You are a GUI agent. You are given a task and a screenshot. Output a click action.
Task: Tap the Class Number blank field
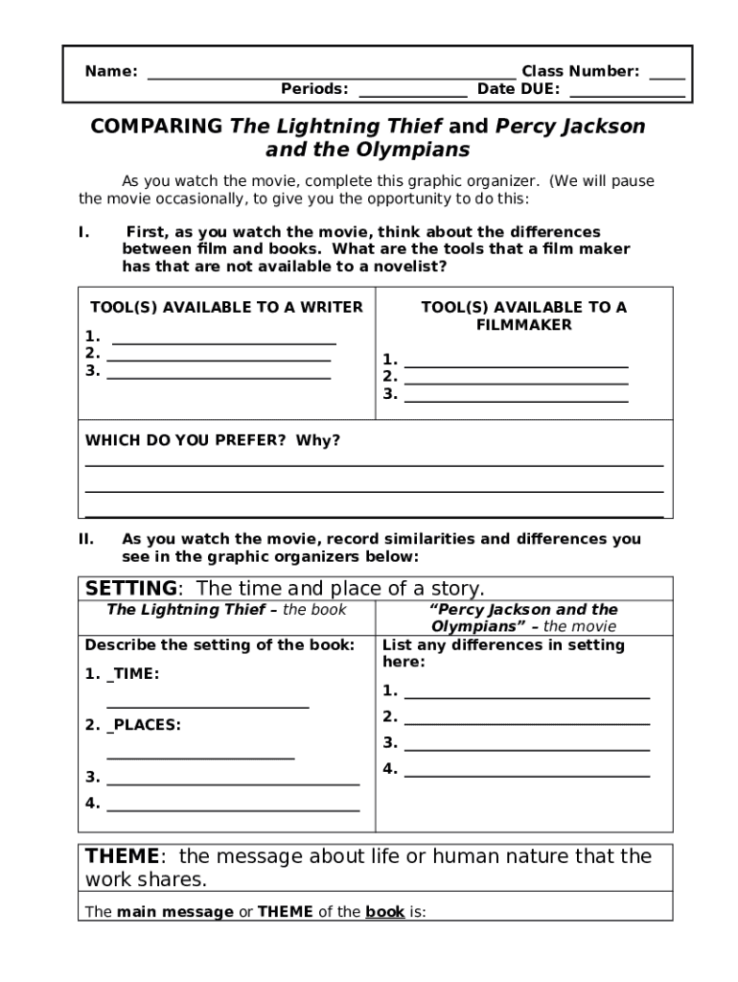coord(666,77)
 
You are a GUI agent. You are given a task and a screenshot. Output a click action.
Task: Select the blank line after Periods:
coord(413,96)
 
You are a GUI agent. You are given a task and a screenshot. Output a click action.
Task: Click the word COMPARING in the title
coord(157,127)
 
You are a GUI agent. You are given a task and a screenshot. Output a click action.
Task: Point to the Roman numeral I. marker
coord(84,232)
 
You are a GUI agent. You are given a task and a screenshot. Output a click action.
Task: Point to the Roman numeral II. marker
coord(86,539)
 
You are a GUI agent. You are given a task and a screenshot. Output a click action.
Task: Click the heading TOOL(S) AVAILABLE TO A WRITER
coord(226,308)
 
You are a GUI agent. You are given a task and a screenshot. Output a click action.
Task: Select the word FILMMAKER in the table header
coord(523,325)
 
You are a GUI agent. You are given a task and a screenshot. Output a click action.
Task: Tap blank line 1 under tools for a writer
coord(224,341)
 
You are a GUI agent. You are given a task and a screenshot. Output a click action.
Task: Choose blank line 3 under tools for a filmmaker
coord(517,400)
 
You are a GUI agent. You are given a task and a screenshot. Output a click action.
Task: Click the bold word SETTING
coord(131,588)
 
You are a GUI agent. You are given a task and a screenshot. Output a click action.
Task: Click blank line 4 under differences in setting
coord(527,774)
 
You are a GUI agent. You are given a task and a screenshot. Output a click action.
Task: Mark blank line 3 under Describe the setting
coord(233,783)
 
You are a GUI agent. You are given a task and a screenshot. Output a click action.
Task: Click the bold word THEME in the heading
coord(121,856)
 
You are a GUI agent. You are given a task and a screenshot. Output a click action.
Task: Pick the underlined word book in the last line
coord(384,912)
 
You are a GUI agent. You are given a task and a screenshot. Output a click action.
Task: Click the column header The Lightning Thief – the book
coord(226,610)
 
